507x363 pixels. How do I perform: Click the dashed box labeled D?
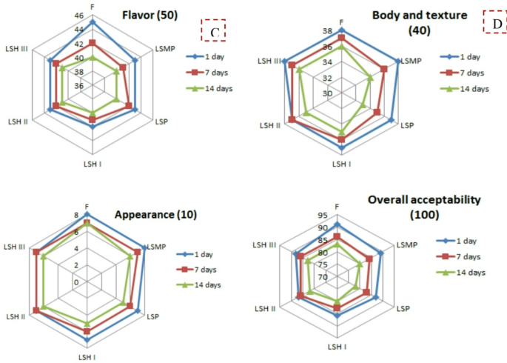[495, 23]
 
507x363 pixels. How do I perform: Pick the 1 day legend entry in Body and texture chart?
[465, 56]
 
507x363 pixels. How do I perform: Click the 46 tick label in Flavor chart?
[79, 16]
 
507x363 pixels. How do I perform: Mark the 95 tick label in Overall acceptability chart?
[323, 217]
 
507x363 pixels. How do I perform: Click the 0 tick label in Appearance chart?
[75, 282]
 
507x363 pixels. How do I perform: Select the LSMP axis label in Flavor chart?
[165, 49]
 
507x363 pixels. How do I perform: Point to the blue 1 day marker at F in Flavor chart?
[93, 23]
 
